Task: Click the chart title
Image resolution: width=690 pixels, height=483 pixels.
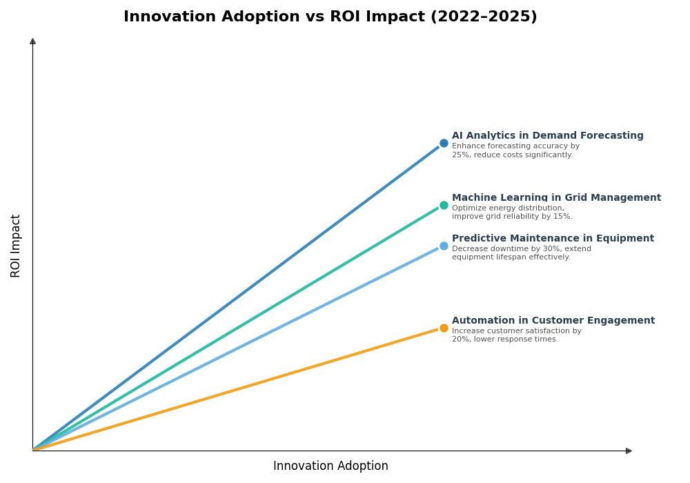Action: [x=330, y=17]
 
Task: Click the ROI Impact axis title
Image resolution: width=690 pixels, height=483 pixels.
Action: [x=16, y=246]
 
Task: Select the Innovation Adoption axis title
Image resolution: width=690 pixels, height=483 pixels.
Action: [x=331, y=466]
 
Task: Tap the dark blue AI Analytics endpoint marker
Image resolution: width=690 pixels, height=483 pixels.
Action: [x=444, y=144]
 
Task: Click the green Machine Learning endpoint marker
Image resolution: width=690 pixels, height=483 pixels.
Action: [x=444, y=205]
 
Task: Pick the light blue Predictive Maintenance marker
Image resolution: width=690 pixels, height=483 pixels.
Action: [x=444, y=246]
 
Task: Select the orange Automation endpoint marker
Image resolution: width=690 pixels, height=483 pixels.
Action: [x=444, y=328]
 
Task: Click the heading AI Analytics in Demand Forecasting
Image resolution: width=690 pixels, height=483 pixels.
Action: [x=547, y=136]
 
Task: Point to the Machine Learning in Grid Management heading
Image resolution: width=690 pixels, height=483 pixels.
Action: [x=556, y=198]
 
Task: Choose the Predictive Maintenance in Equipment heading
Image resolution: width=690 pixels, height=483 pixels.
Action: [x=553, y=239]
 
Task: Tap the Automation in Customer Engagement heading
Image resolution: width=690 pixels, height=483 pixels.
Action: [x=553, y=321]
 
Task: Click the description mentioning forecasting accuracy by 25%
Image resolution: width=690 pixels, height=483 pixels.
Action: [x=515, y=150]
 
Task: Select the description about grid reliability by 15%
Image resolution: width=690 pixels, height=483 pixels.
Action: [x=512, y=213]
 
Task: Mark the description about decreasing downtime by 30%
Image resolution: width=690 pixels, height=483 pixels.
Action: [x=521, y=253]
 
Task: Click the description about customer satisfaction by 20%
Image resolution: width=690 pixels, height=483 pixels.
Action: [x=516, y=335]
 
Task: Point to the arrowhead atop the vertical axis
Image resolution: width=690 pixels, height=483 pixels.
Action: [x=32, y=41]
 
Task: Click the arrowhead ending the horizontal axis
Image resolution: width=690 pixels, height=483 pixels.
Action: [x=629, y=451]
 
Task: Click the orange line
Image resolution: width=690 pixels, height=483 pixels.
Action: [x=235, y=389]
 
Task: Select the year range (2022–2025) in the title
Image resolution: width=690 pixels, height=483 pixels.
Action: [x=484, y=17]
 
